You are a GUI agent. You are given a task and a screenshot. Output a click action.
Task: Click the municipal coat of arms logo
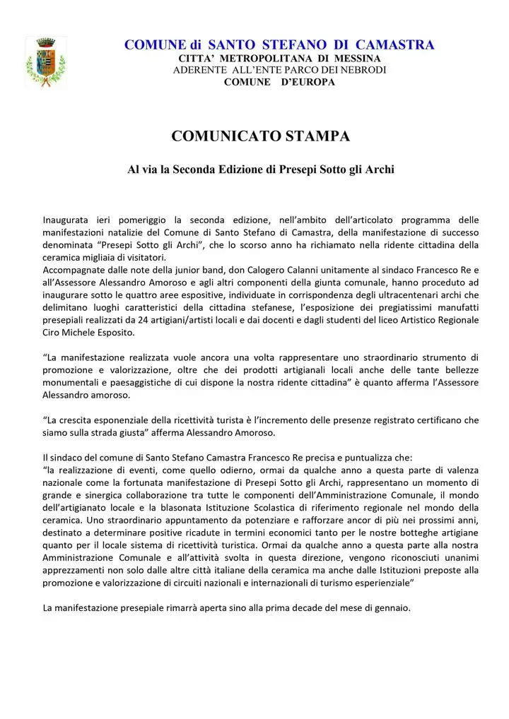coord(45,61)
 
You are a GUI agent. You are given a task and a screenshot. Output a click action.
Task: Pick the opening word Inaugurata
coord(66,218)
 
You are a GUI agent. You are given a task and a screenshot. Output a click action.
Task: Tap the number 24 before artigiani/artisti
coord(175,320)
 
